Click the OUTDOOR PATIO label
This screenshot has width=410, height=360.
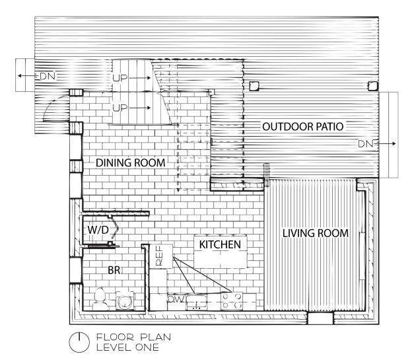tap(303, 127)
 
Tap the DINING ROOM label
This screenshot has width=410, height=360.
tap(131, 162)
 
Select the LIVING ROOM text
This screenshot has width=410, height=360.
tap(316, 233)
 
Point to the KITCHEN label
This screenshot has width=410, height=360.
tap(220, 244)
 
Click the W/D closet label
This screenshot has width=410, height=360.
tap(98, 230)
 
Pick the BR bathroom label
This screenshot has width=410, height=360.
tap(114, 270)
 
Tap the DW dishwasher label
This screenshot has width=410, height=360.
tap(176, 299)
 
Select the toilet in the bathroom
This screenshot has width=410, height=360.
tap(100, 299)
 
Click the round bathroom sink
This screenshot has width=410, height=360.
tap(125, 301)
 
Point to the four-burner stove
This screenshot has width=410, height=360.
tap(232, 301)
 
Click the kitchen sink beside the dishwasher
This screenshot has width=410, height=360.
tap(196, 302)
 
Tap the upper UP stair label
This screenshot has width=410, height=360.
tap(120, 78)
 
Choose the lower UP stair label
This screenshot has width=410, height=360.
tap(120, 108)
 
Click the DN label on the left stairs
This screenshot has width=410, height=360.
tap(48, 76)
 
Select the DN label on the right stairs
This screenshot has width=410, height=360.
tap(366, 143)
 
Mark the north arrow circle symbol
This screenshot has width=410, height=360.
tap(79, 342)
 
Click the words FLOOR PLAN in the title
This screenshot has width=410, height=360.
tap(133, 337)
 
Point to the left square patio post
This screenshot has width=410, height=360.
tap(254, 86)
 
